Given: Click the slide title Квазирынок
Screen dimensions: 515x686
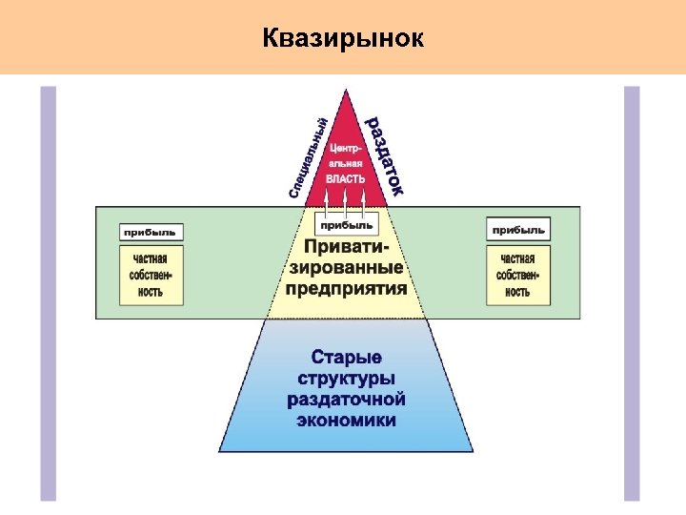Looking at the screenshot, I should (x=344, y=38).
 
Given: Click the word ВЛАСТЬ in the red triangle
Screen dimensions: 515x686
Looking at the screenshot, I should (x=345, y=180).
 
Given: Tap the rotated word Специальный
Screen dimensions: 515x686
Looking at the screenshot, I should (x=310, y=157).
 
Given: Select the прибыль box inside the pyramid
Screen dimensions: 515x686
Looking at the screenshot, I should (x=346, y=225).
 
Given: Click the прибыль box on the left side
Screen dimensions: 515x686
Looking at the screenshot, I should (x=152, y=232).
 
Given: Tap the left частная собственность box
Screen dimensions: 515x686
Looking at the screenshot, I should (x=151, y=275).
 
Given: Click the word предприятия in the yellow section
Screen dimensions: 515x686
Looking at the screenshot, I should (x=346, y=288).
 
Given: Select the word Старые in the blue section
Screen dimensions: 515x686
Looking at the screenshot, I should (x=346, y=358).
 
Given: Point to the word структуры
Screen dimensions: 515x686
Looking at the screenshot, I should (x=346, y=379).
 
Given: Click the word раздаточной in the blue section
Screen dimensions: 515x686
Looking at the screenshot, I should (x=346, y=399).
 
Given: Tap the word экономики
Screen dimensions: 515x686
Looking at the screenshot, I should (x=346, y=420).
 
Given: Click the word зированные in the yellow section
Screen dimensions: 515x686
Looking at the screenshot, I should (x=346, y=268).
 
